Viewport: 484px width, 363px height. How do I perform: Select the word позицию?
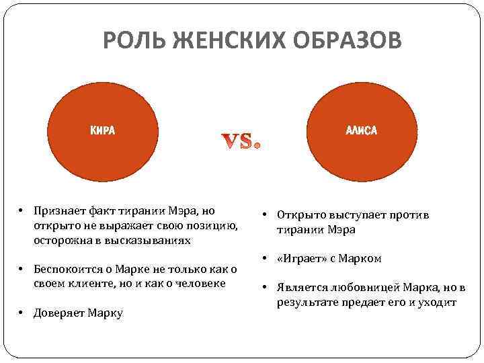pyautogui.click(x=216, y=225)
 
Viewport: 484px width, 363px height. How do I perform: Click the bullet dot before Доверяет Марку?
pyautogui.click(x=22, y=313)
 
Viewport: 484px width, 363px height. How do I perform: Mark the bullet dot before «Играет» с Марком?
pyautogui.click(x=266, y=258)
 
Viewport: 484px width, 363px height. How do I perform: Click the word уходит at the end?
pyautogui.click(x=438, y=302)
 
